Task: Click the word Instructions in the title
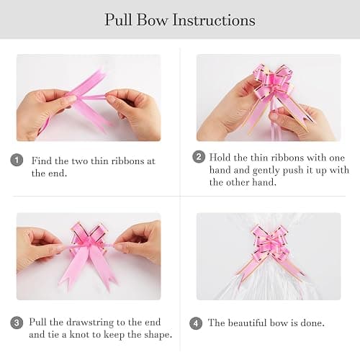[x=214, y=19]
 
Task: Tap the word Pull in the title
[x=118, y=19]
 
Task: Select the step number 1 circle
[x=17, y=160]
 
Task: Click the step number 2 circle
[x=199, y=157]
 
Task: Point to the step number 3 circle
[x=17, y=323]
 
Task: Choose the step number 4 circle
[x=196, y=323]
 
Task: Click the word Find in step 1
[x=42, y=161]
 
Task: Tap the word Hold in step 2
[x=220, y=158]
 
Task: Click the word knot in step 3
[x=81, y=334]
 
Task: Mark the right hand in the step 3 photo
[x=139, y=243]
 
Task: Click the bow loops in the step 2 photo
[x=274, y=81]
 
